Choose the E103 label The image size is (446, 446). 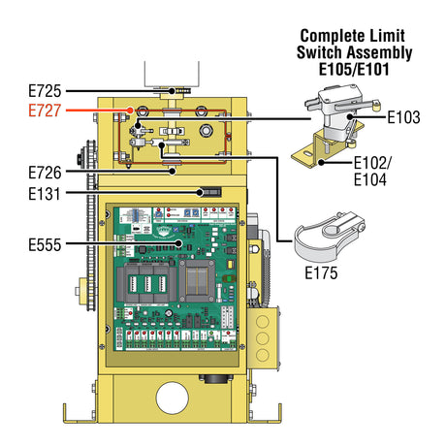tap(403, 117)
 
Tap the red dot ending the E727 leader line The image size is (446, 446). tap(129, 111)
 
